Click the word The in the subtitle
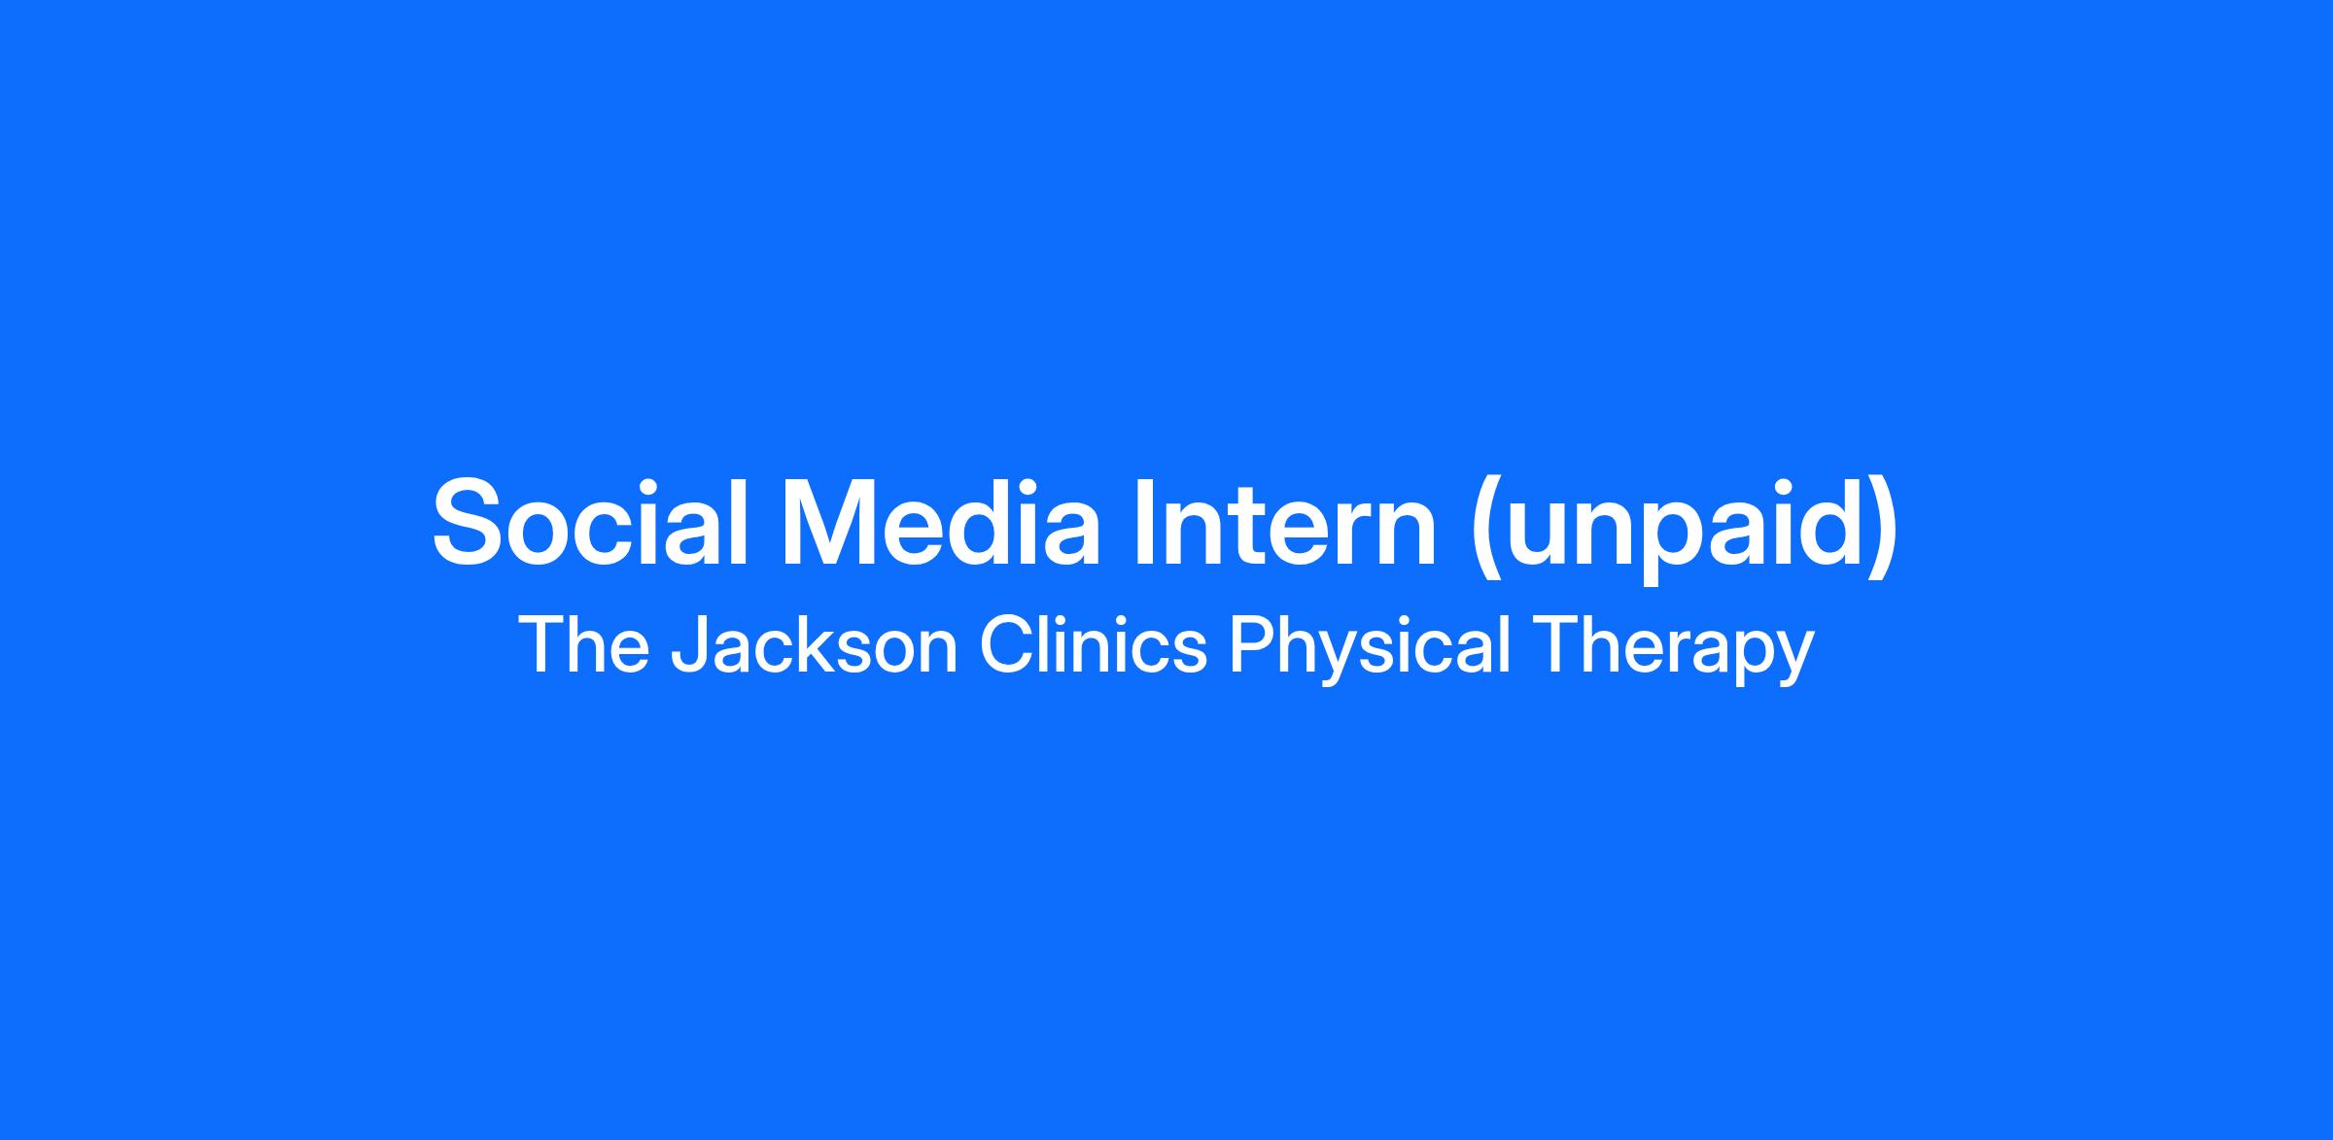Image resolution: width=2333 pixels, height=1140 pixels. pyautogui.click(x=584, y=644)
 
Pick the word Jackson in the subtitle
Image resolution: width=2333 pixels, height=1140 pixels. pyautogui.click(x=816, y=644)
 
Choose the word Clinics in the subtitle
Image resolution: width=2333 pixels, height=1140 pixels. pyautogui.click(x=1094, y=644)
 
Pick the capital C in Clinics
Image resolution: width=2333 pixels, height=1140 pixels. pyautogui.click(x=1007, y=644)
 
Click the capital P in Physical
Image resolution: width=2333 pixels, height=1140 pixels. pyautogui.click(x=1253, y=644)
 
